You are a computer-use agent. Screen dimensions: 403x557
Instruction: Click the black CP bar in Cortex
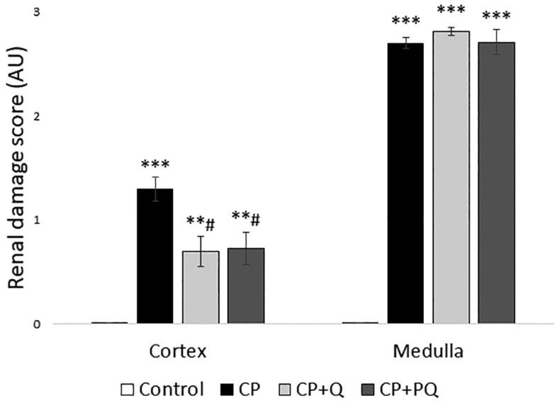pos(155,256)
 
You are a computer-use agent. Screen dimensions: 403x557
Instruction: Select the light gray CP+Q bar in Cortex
pos(201,287)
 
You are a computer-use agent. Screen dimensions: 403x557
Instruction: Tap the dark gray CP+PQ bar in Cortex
pos(246,286)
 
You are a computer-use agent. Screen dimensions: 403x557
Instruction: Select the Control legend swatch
pos(128,389)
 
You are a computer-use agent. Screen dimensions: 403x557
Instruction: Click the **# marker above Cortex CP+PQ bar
pos(246,219)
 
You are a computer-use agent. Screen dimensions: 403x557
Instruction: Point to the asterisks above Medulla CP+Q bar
pos(451,12)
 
